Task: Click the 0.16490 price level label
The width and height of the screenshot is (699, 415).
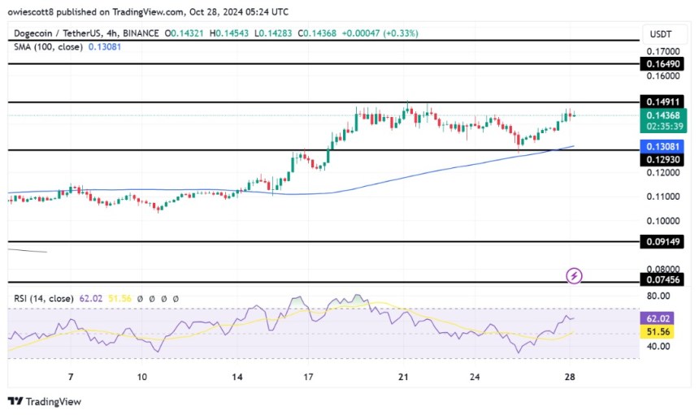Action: (664, 63)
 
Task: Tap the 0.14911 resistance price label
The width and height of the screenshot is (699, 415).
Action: (664, 102)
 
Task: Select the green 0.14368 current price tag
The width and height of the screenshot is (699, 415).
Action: (664, 115)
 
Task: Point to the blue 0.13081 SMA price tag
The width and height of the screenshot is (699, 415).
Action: (664, 147)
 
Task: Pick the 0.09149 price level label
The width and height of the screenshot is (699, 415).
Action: (664, 241)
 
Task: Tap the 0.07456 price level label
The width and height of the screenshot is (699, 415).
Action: (664, 279)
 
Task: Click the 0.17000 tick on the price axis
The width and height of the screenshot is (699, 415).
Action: (664, 50)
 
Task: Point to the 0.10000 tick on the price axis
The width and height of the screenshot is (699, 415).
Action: (664, 220)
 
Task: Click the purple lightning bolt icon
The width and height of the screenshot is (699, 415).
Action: (575, 276)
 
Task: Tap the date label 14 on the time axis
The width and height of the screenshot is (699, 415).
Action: (237, 377)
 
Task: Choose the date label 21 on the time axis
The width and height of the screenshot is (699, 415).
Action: (403, 377)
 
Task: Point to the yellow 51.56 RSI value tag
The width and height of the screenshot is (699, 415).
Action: (664, 333)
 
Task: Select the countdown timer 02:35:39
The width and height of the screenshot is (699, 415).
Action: (664, 126)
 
